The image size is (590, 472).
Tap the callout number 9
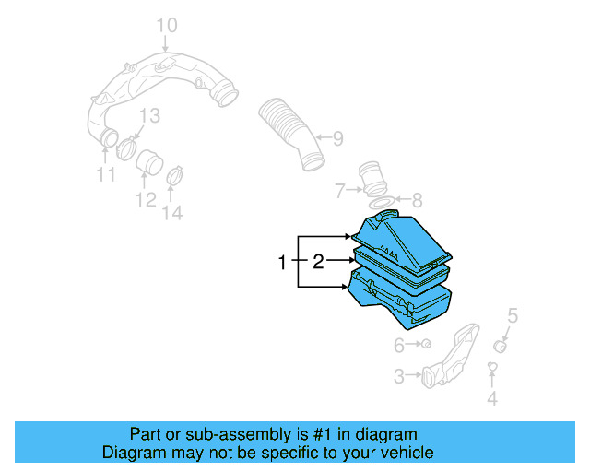(337, 139)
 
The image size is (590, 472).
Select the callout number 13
(149, 115)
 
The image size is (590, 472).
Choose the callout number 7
(340, 192)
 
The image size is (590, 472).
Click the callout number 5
(513, 316)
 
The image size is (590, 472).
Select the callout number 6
(399, 346)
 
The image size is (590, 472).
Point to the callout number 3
(399, 376)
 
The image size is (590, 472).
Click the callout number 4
(491, 398)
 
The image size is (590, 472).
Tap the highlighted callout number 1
(283, 264)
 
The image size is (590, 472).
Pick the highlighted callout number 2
(318, 263)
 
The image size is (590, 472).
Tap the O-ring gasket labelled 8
(383, 200)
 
